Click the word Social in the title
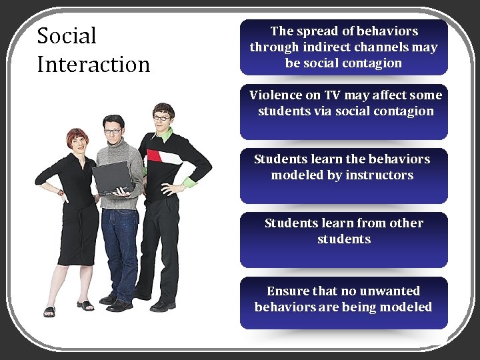coord(67,35)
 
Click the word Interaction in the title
coord(93,65)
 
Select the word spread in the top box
coord(317,31)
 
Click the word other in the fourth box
coord(407,223)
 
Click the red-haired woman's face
coord(77,142)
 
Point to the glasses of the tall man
coord(162,118)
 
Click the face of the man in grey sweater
coord(113,130)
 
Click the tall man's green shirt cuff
coord(191,181)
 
